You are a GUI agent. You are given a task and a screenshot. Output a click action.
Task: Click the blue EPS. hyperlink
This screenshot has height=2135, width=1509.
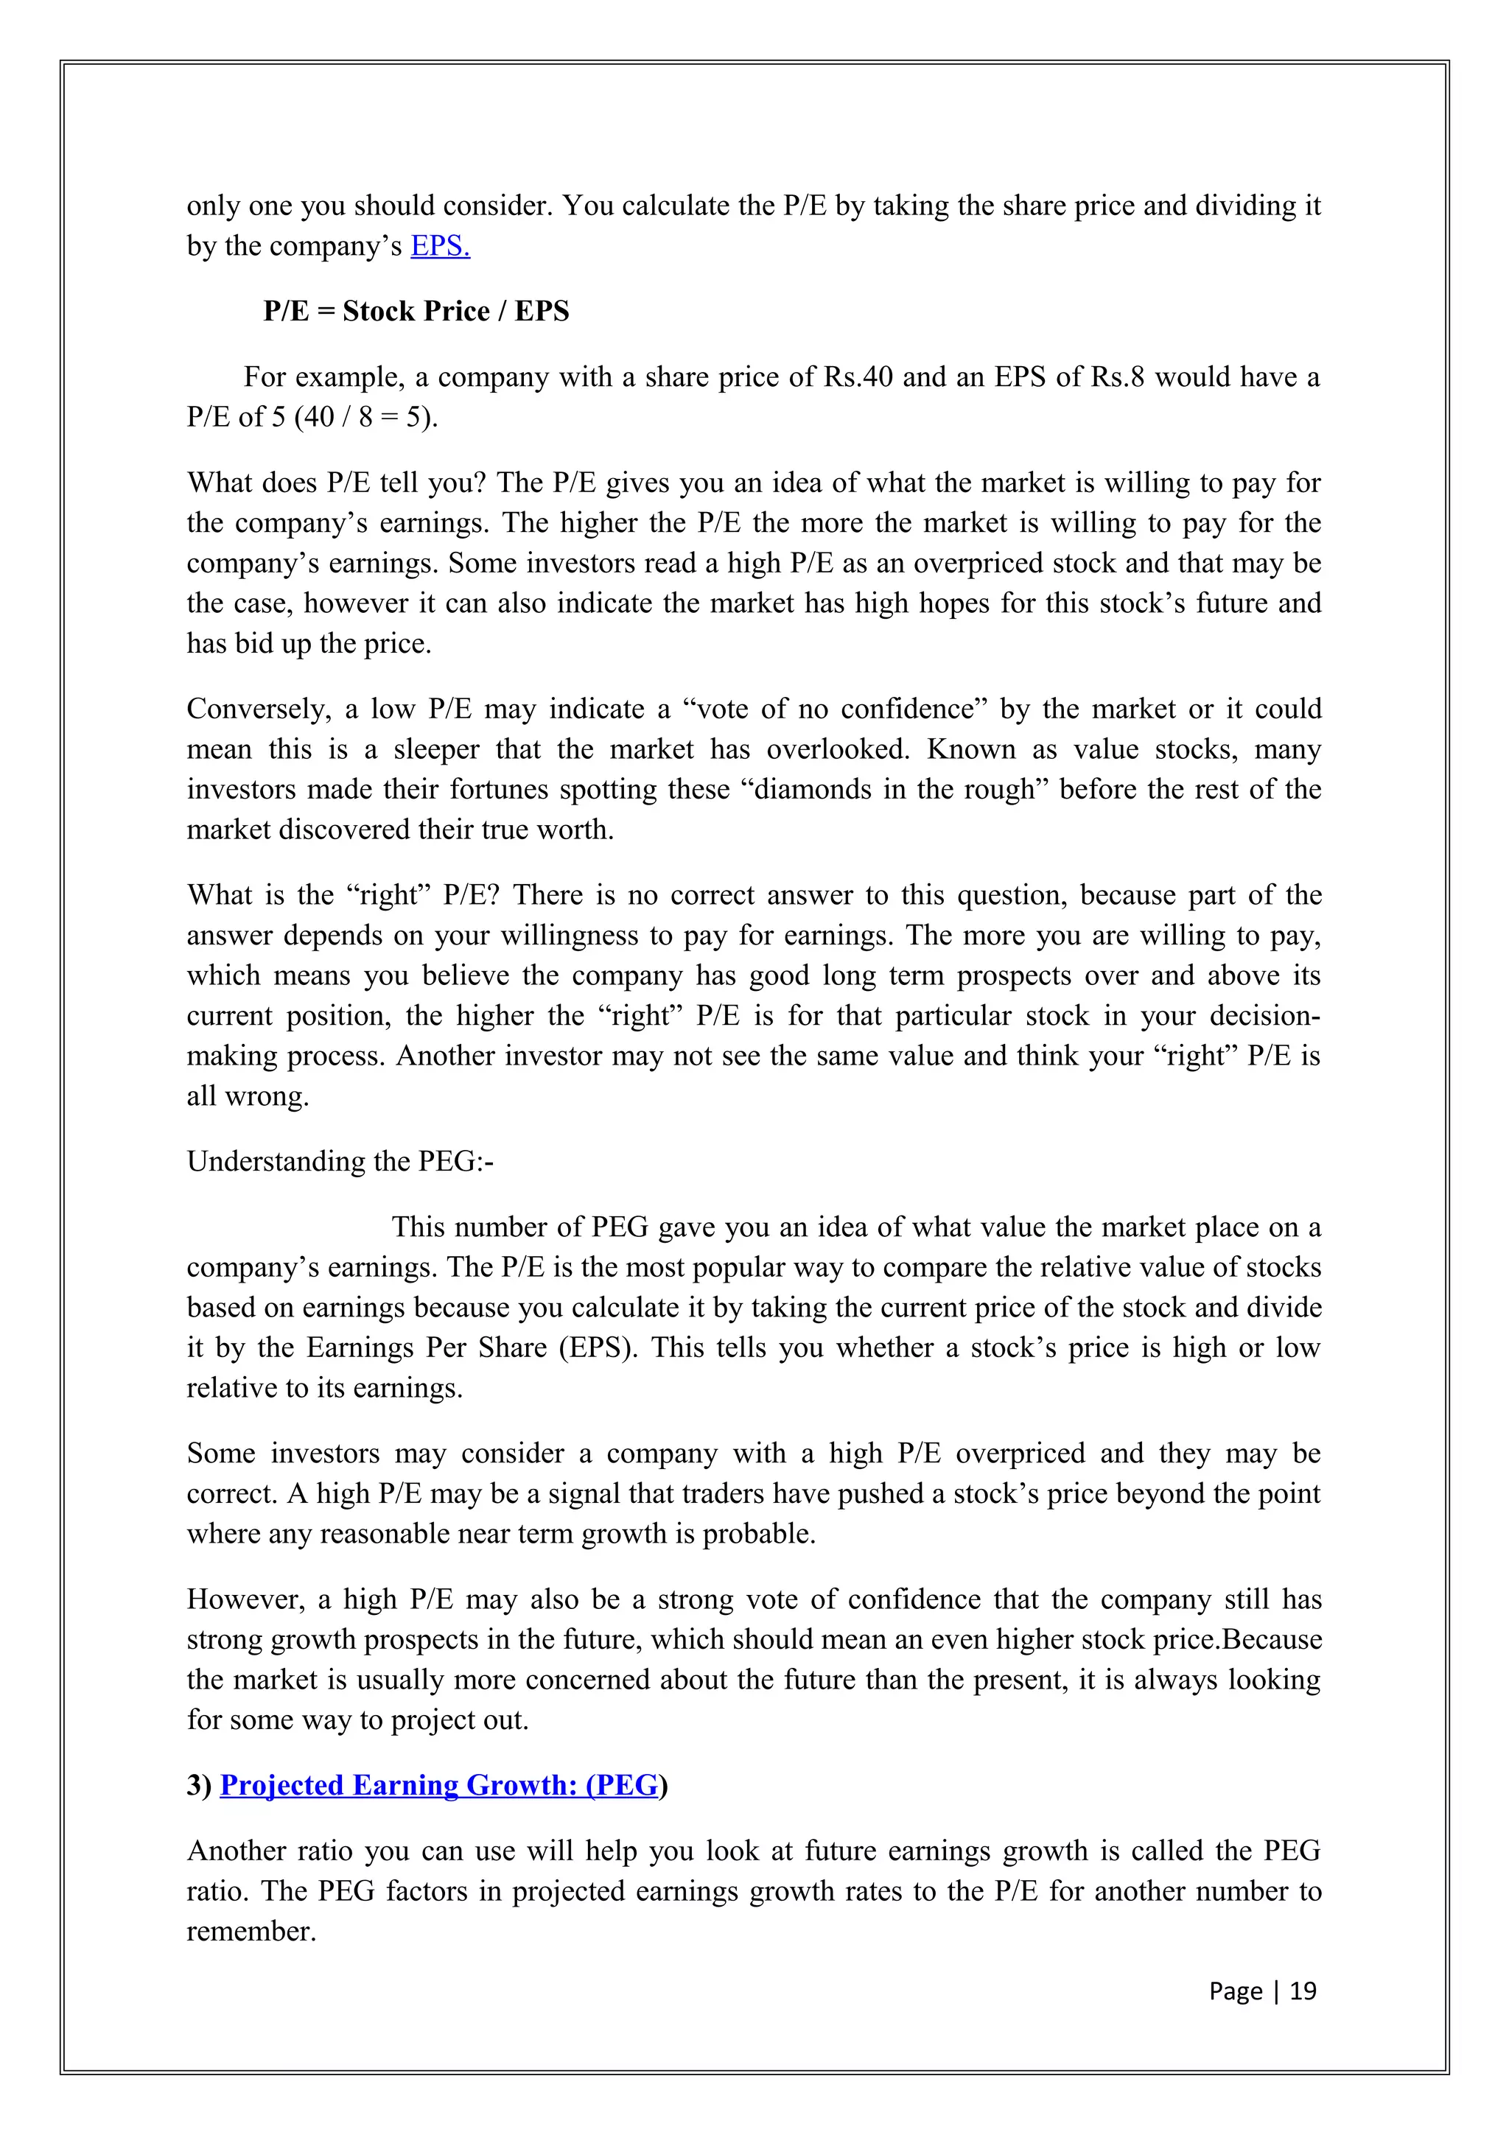(440, 246)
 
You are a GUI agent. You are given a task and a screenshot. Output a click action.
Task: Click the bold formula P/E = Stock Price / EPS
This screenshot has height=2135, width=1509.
(416, 312)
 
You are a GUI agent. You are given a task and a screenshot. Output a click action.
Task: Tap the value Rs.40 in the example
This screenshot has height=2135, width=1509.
(858, 377)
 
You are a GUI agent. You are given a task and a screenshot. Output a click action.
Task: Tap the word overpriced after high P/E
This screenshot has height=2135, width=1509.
(1020, 1454)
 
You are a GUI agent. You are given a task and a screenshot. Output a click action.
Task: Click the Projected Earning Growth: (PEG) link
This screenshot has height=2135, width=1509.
(439, 1785)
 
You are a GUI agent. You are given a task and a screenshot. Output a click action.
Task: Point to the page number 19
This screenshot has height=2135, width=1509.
(1303, 1991)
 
